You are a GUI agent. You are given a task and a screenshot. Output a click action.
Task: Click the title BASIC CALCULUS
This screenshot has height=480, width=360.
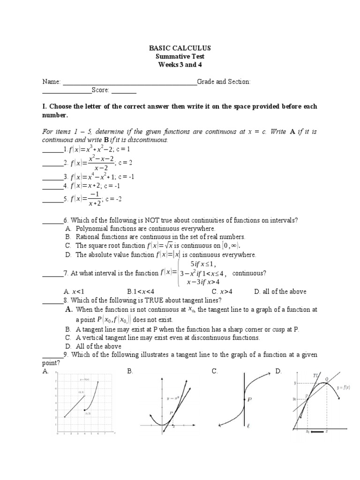[180, 48]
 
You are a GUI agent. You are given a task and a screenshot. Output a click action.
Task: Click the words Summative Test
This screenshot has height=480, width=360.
[180, 56]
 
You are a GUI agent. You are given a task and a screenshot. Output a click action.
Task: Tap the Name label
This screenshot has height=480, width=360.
[51, 82]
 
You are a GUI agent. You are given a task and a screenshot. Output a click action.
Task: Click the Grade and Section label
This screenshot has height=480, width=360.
[224, 82]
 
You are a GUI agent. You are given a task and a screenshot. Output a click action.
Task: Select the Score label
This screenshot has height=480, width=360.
[100, 90]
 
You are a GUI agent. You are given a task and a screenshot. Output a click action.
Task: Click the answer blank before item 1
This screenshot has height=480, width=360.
[52, 150]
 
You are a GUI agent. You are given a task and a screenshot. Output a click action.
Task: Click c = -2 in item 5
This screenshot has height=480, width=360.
[113, 199]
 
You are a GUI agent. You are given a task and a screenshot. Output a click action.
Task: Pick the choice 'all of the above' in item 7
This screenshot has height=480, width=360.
[280, 292]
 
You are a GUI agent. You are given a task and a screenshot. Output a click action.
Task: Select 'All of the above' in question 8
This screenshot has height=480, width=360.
[98, 346]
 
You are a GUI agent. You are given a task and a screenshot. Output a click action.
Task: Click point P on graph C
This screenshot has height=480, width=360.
[250, 400]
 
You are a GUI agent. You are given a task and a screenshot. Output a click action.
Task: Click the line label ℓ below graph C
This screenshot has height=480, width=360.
[249, 427]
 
